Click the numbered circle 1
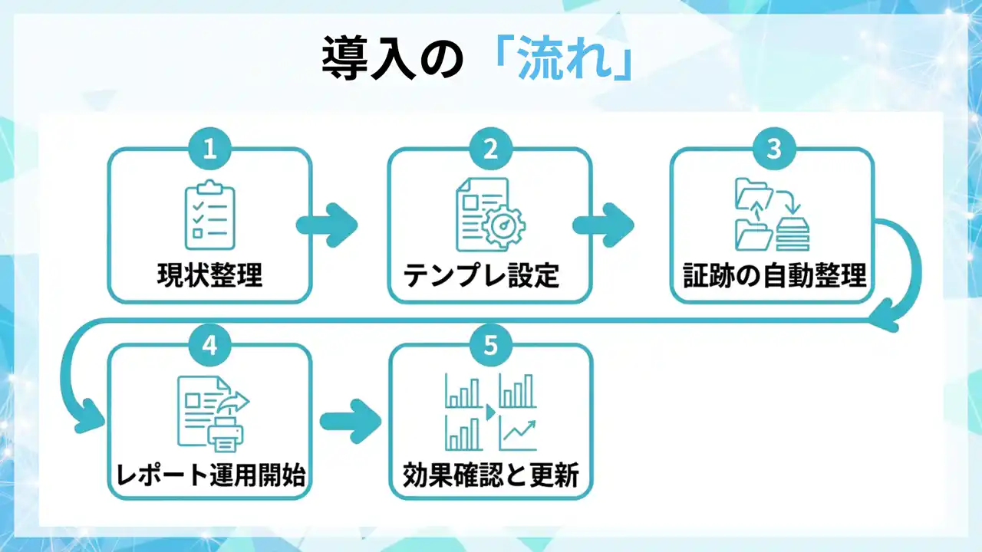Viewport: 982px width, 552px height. coord(209,149)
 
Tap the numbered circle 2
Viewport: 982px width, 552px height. coord(490,149)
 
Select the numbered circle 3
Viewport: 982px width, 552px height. coord(773,149)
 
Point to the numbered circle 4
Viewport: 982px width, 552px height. coord(209,345)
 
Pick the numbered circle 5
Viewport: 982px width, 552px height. coord(490,345)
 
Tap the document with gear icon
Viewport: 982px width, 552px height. coord(490,215)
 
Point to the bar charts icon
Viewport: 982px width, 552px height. coord(491,412)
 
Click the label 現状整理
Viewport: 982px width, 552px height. coord(210,275)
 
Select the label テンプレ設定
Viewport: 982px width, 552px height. coord(482,275)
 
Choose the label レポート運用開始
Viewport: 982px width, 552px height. coord(211,475)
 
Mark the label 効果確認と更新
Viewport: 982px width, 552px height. coord(490,475)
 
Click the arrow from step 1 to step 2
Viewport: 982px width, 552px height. coord(328,224)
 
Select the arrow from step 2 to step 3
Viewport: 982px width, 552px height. coord(604,224)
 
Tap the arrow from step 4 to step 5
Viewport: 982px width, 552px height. coord(351,421)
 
